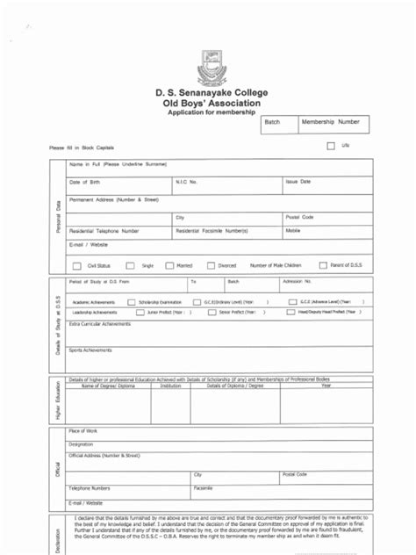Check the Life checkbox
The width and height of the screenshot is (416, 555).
coord(331,146)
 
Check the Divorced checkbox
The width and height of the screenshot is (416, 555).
coord(211,264)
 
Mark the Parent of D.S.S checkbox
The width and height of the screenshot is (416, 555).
coord(323,263)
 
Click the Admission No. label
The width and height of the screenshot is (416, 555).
coord(296,282)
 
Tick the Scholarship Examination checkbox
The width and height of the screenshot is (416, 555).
coord(131,301)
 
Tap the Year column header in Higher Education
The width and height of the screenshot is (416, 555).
coord(326,386)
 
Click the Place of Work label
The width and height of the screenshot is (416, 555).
coord(83,431)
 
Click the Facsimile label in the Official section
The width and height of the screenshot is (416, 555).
coord(203,487)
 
